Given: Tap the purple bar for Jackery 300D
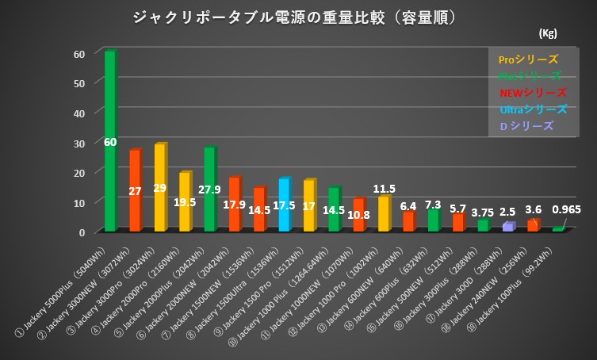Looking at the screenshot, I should point(508,227).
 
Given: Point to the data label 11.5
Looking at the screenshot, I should point(385,189).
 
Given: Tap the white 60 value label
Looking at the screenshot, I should point(110,142).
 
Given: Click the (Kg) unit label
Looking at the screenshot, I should point(547,33).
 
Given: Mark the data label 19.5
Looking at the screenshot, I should point(185,202).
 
